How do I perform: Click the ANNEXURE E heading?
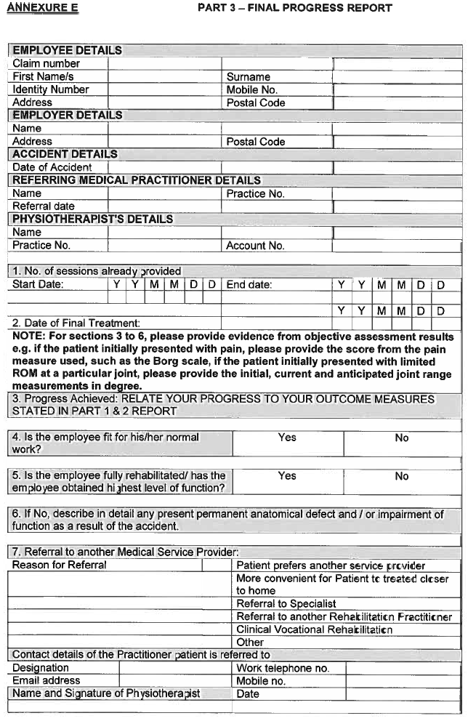click(41, 8)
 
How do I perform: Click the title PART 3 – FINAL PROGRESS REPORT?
click(294, 8)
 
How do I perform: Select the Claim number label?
click(46, 64)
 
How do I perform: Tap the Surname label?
click(248, 77)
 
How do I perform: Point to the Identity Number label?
click(50, 90)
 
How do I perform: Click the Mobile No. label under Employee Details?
click(251, 90)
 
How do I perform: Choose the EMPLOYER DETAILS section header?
click(67, 116)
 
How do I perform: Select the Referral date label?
click(43, 206)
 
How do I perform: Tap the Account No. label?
click(255, 246)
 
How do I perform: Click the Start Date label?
click(38, 284)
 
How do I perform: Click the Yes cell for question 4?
click(287, 438)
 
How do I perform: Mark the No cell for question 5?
click(402, 476)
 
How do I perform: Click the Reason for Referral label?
click(59, 565)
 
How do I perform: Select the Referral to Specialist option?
click(286, 603)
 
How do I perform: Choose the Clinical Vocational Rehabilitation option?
click(314, 629)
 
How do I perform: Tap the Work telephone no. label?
click(283, 668)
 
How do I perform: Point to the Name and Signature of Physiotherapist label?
click(106, 693)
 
